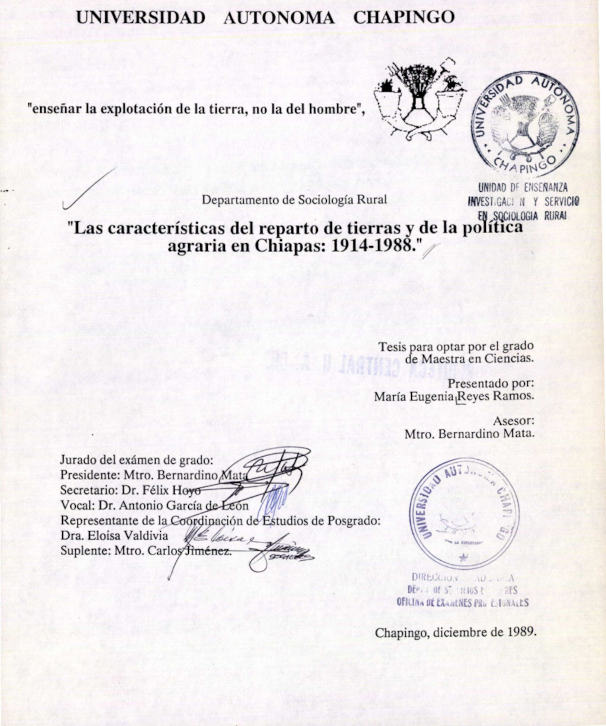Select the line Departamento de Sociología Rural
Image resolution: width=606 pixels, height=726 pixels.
pyautogui.click(x=294, y=199)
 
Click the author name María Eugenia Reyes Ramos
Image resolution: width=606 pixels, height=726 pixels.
pyautogui.click(x=453, y=396)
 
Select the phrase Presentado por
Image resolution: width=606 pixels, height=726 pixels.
pyautogui.click(x=499, y=383)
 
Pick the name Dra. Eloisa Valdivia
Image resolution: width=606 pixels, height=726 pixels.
pyautogui.click(x=114, y=535)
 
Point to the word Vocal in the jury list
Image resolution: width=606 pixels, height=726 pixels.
pyautogui.click(x=75, y=505)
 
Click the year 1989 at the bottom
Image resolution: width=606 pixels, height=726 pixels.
pyautogui.click(x=522, y=632)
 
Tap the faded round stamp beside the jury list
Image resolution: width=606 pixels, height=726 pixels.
pyautogui.click(x=463, y=513)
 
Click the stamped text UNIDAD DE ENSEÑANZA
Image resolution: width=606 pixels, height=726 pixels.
pyautogui.click(x=523, y=188)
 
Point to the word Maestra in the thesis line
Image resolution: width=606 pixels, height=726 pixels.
pyautogui.click(x=442, y=357)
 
